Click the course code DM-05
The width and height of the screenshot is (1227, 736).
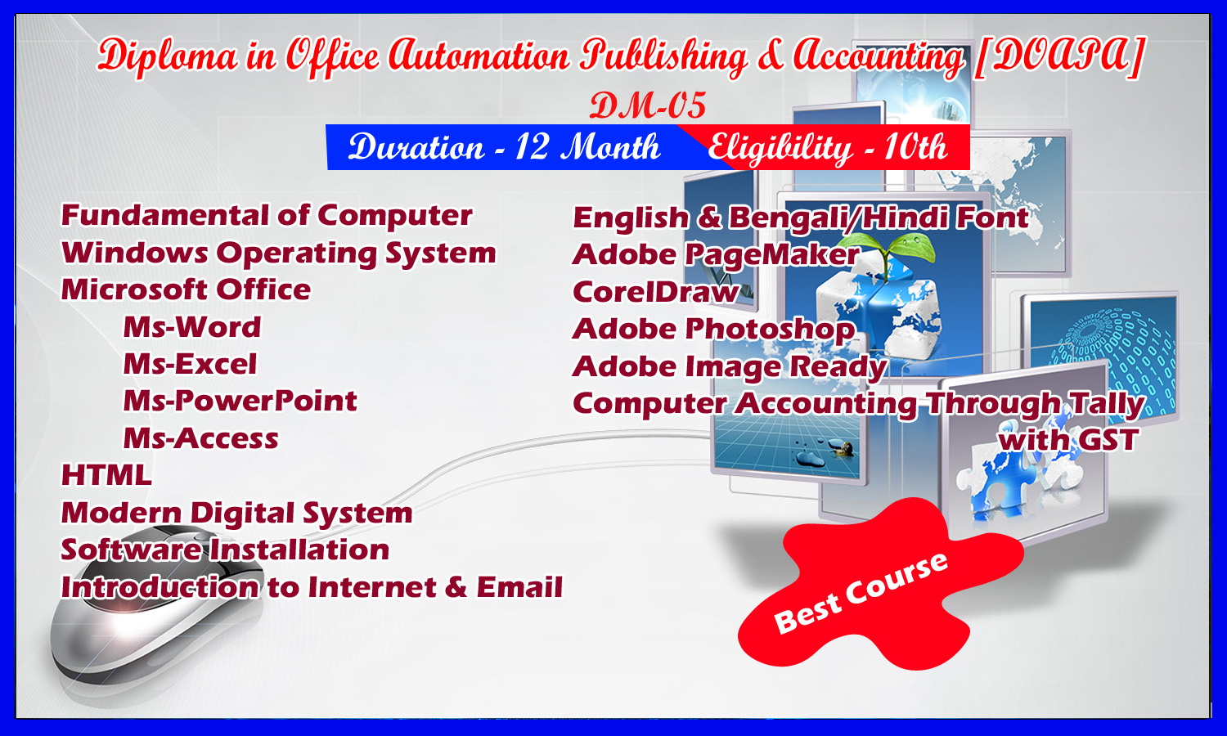coord(648,105)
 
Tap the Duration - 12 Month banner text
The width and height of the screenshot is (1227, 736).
coord(504,146)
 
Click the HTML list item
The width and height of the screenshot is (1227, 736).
coord(106,475)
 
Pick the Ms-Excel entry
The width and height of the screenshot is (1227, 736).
coord(190,364)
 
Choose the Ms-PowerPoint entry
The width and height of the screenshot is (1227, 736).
coord(240,401)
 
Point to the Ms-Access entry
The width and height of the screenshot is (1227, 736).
coord(200,438)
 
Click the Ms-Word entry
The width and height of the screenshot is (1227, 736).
coord(191,327)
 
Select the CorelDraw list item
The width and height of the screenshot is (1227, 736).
coord(656,292)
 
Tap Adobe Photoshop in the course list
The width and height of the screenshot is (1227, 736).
coord(713,330)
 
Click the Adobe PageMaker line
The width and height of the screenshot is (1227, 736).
coord(716,255)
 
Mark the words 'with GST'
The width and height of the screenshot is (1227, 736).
coord(1068,440)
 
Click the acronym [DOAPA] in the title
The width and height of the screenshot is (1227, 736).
coord(1059,56)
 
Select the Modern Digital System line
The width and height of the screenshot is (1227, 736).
coord(236,513)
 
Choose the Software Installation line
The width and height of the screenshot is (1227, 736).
coord(225,550)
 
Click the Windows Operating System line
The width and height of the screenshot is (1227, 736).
coord(279,254)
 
